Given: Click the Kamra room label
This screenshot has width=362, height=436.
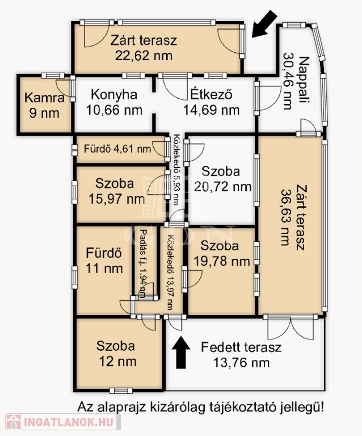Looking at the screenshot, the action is click(x=44, y=98).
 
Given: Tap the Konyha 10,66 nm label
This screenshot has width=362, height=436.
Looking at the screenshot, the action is click(x=114, y=102).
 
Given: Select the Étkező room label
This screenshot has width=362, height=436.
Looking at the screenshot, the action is click(x=211, y=95).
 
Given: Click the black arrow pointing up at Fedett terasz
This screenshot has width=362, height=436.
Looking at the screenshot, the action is click(x=181, y=353).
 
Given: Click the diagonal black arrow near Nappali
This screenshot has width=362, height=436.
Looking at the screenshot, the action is click(x=264, y=24).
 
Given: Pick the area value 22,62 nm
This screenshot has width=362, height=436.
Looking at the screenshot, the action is click(x=144, y=56).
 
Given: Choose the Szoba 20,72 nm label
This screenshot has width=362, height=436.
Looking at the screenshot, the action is click(x=222, y=179).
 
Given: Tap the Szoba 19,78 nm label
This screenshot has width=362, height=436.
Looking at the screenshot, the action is click(x=221, y=253).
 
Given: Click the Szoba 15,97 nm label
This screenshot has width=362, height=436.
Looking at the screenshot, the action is click(x=116, y=191).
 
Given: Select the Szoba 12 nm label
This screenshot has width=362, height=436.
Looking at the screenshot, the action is click(x=117, y=354).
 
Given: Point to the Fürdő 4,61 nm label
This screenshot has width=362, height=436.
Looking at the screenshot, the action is click(x=117, y=149).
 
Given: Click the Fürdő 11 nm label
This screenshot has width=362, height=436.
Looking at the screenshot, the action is click(x=104, y=261).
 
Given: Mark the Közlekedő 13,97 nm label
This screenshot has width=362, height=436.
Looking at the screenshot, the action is click(x=170, y=272).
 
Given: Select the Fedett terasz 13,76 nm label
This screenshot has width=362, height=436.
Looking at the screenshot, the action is click(x=241, y=355).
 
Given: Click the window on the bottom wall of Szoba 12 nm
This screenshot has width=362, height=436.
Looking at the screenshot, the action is click(x=121, y=391).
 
